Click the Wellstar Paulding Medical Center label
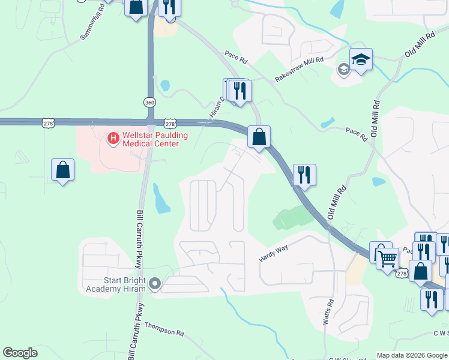tap(151, 140)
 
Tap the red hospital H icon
tap(112, 139)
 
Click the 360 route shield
tap(149, 102)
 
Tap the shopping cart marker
tap(388, 259)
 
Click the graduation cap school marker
tap(361, 59)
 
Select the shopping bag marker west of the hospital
tap(62, 170)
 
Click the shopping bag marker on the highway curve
tap(259, 137)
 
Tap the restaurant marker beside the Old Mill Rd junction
tap(304, 175)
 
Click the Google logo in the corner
tap(20, 353)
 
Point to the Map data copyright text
tap(411, 355)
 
